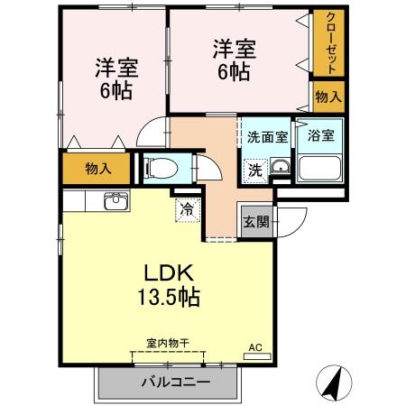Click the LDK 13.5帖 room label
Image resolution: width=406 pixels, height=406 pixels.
(x=169, y=282)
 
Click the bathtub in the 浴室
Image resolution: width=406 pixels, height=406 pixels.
(x=320, y=168)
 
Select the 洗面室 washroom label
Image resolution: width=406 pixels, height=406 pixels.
(x=268, y=137)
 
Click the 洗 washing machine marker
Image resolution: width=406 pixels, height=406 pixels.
(x=255, y=168)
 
